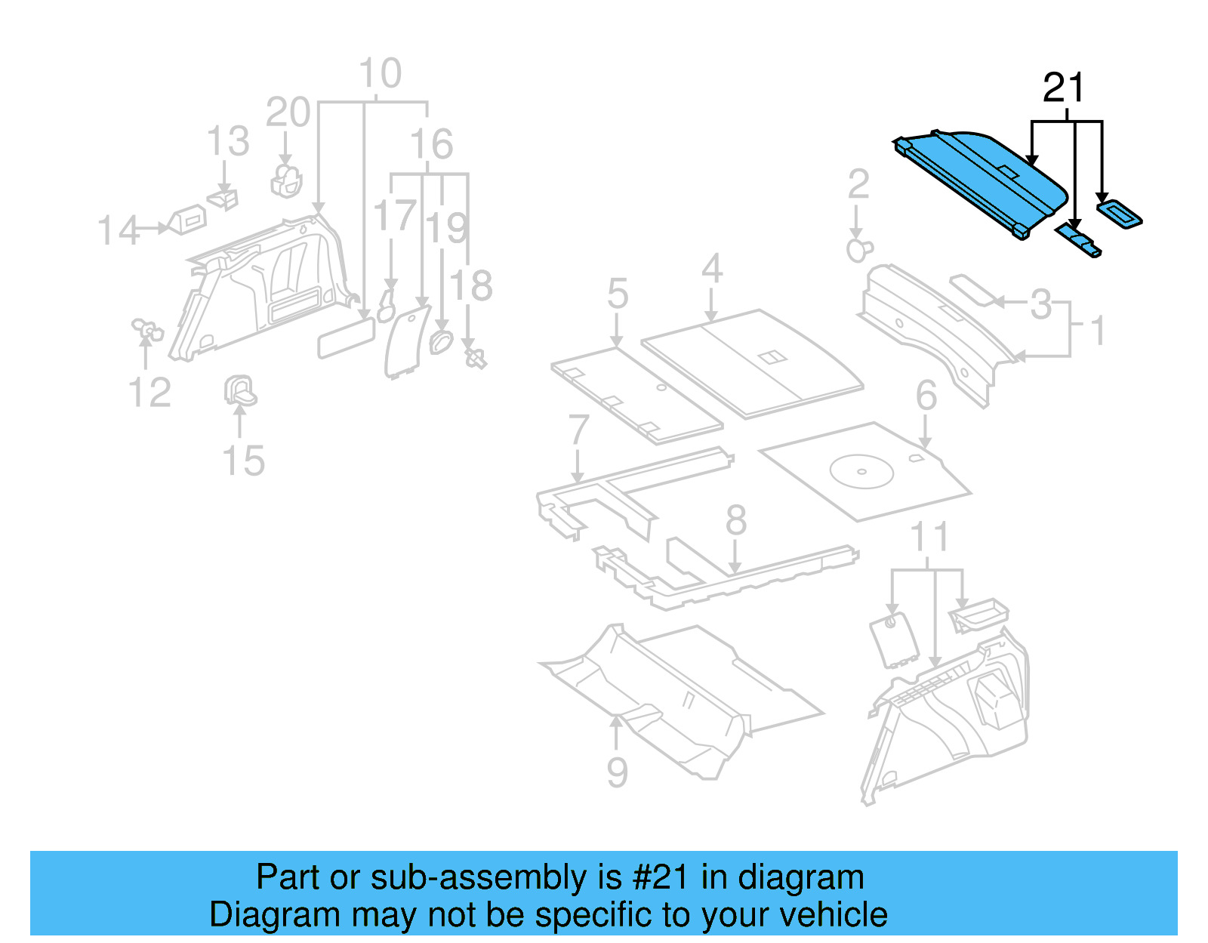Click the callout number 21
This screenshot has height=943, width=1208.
pos(1063,88)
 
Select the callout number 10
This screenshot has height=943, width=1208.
pos(380,74)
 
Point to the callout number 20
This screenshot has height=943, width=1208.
pos(288,113)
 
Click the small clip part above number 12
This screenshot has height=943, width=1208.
pos(147,329)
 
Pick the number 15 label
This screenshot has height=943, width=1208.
pos(243,461)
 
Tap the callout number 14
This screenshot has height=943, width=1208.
pos(118,230)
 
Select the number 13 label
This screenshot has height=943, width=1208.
pos(228,142)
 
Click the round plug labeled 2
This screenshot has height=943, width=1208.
pos(858,249)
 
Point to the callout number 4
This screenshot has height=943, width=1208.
pos(712,269)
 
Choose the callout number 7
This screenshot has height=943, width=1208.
pos(578,430)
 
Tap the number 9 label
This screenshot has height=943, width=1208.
pos(617,772)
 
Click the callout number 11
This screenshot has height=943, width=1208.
pos(929,538)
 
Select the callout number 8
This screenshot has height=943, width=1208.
pos(735,521)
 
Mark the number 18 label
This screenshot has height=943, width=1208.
pos(471,287)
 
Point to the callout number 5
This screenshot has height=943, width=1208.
pos(617,294)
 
